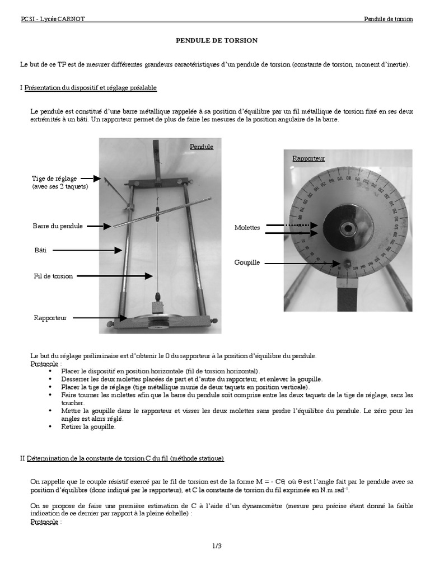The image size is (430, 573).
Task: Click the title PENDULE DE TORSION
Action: click(217, 41)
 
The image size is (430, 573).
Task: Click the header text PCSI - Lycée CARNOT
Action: click(53, 19)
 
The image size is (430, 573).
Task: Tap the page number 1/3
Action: click(216, 546)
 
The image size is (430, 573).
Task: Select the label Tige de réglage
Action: click(54, 178)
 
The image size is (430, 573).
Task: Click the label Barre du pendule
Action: click(58, 226)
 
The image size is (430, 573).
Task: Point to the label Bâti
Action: click(39, 250)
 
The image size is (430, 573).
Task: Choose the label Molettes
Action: click(247, 228)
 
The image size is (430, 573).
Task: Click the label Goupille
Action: click(247, 262)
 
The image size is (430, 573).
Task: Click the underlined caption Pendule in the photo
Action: click(202, 147)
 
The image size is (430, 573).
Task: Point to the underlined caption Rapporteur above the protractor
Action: click(309, 158)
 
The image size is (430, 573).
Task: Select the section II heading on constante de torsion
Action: click(122, 458)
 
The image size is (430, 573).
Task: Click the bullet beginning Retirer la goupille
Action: click(88, 426)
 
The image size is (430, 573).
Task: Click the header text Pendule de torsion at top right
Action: click(388, 19)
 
